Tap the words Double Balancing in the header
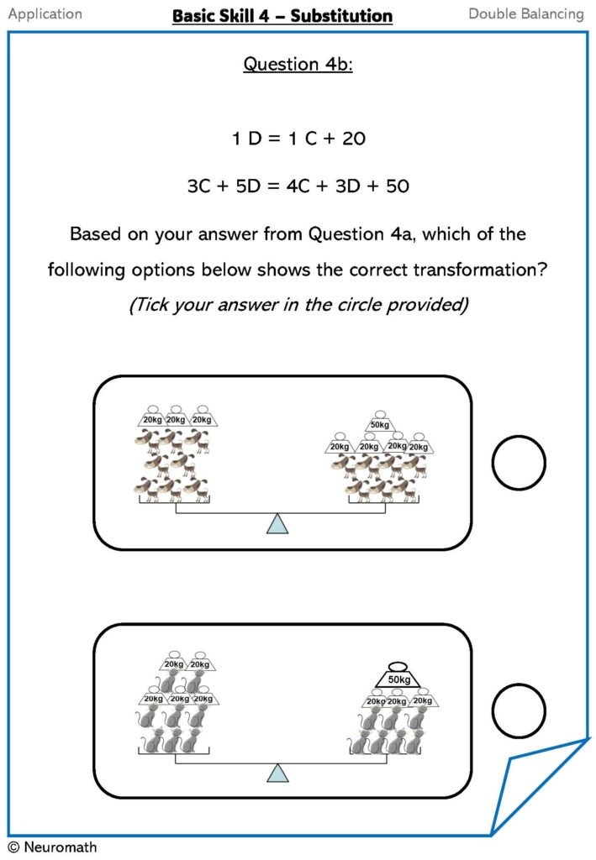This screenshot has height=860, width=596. pyautogui.click(x=525, y=13)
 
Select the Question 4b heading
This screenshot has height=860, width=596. pyautogui.click(x=298, y=64)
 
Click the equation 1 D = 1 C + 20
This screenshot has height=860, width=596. pyautogui.click(x=298, y=139)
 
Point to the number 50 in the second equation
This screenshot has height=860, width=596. pyautogui.click(x=397, y=186)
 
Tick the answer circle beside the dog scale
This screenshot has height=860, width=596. pyautogui.click(x=519, y=463)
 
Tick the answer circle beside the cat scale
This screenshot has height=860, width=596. pyautogui.click(x=519, y=712)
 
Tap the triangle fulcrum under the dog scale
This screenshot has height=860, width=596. pyautogui.click(x=277, y=525)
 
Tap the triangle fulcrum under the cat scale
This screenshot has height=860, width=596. pyautogui.click(x=277, y=773)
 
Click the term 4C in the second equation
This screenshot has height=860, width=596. pyautogui.click(x=319, y=186)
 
